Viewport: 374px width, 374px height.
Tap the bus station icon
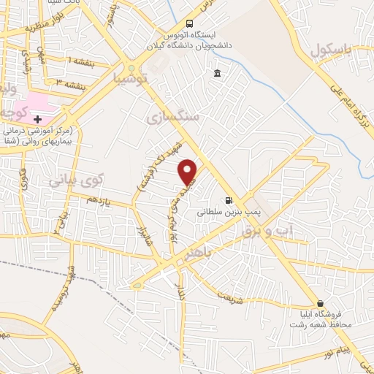click(x=190, y=23)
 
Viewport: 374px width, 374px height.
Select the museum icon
click(x=218, y=73)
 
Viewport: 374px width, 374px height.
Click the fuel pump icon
click(x=229, y=201)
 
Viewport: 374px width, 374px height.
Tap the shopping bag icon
click(x=319, y=303)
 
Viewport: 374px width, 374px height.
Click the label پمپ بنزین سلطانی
click(x=225, y=215)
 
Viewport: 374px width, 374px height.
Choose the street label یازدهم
click(x=101, y=199)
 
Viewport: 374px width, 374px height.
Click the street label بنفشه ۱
click(x=80, y=61)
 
